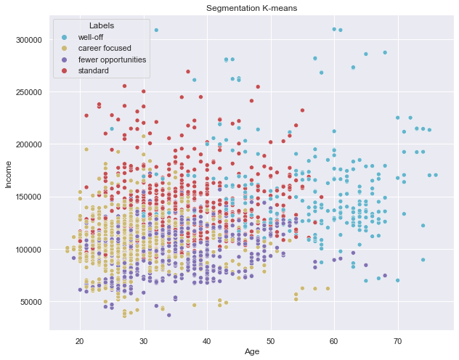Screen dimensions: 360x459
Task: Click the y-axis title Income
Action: click(9, 174)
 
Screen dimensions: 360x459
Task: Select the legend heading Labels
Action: click(101, 25)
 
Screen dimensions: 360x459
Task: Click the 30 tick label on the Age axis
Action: click(143, 340)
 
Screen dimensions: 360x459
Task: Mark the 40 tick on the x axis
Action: click(207, 340)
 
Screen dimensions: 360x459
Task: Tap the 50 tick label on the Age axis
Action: click(270, 340)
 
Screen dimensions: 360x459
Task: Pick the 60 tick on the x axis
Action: click(334, 340)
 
